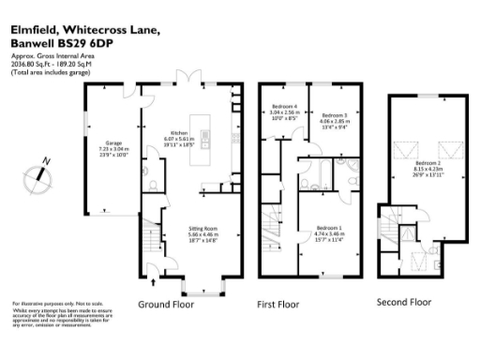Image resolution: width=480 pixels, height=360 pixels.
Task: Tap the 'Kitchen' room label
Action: [x=180, y=133]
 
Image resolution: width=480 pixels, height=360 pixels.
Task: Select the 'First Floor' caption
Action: [x=277, y=305]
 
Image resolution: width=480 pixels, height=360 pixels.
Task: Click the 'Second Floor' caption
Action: [x=403, y=302]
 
